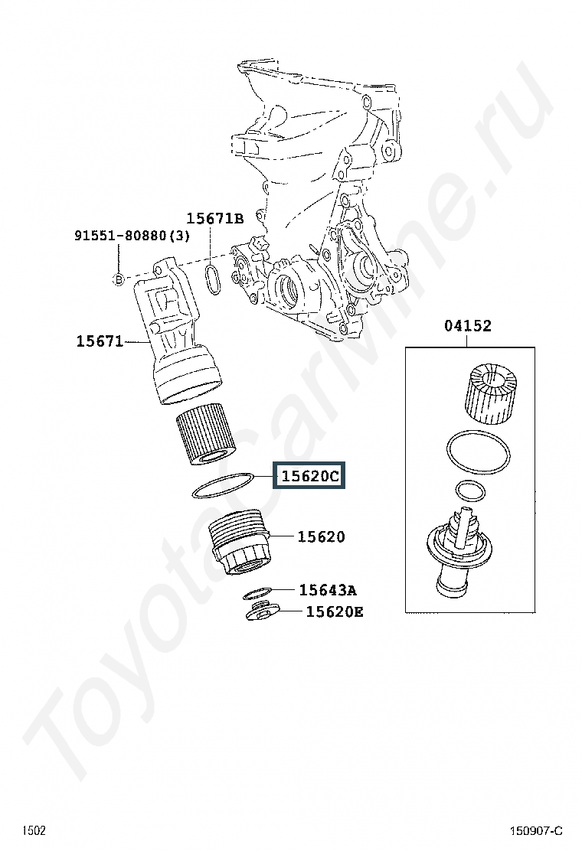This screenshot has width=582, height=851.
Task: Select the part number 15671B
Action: click(x=215, y=219)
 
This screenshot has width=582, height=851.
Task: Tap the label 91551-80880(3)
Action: click(x=132, y=236)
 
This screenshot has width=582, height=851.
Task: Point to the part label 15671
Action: click(x=100, y=341)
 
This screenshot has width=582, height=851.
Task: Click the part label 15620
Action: click(x=321, y=536)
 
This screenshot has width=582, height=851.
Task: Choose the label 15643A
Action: click(x=328, y=590)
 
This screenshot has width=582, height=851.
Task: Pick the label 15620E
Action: click(x=335, y=612)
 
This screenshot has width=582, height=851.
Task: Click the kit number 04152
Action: click(x=467, y=326)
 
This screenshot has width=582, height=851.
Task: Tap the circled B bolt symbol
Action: click(x=118, y=279)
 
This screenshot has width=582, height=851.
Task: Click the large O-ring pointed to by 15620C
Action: click(x=223, y=485)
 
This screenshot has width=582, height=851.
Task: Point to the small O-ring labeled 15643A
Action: click(x=257, y=592)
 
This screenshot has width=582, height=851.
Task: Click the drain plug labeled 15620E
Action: click(x=262, y=611)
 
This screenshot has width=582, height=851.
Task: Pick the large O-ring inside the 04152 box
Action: click(x=478, y=452)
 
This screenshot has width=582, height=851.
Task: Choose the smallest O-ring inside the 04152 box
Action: click(x=471, y=491)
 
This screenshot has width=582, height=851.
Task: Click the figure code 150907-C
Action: click(x=536, y=831)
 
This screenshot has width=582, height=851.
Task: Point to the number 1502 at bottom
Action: click(x=34, y=830)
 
